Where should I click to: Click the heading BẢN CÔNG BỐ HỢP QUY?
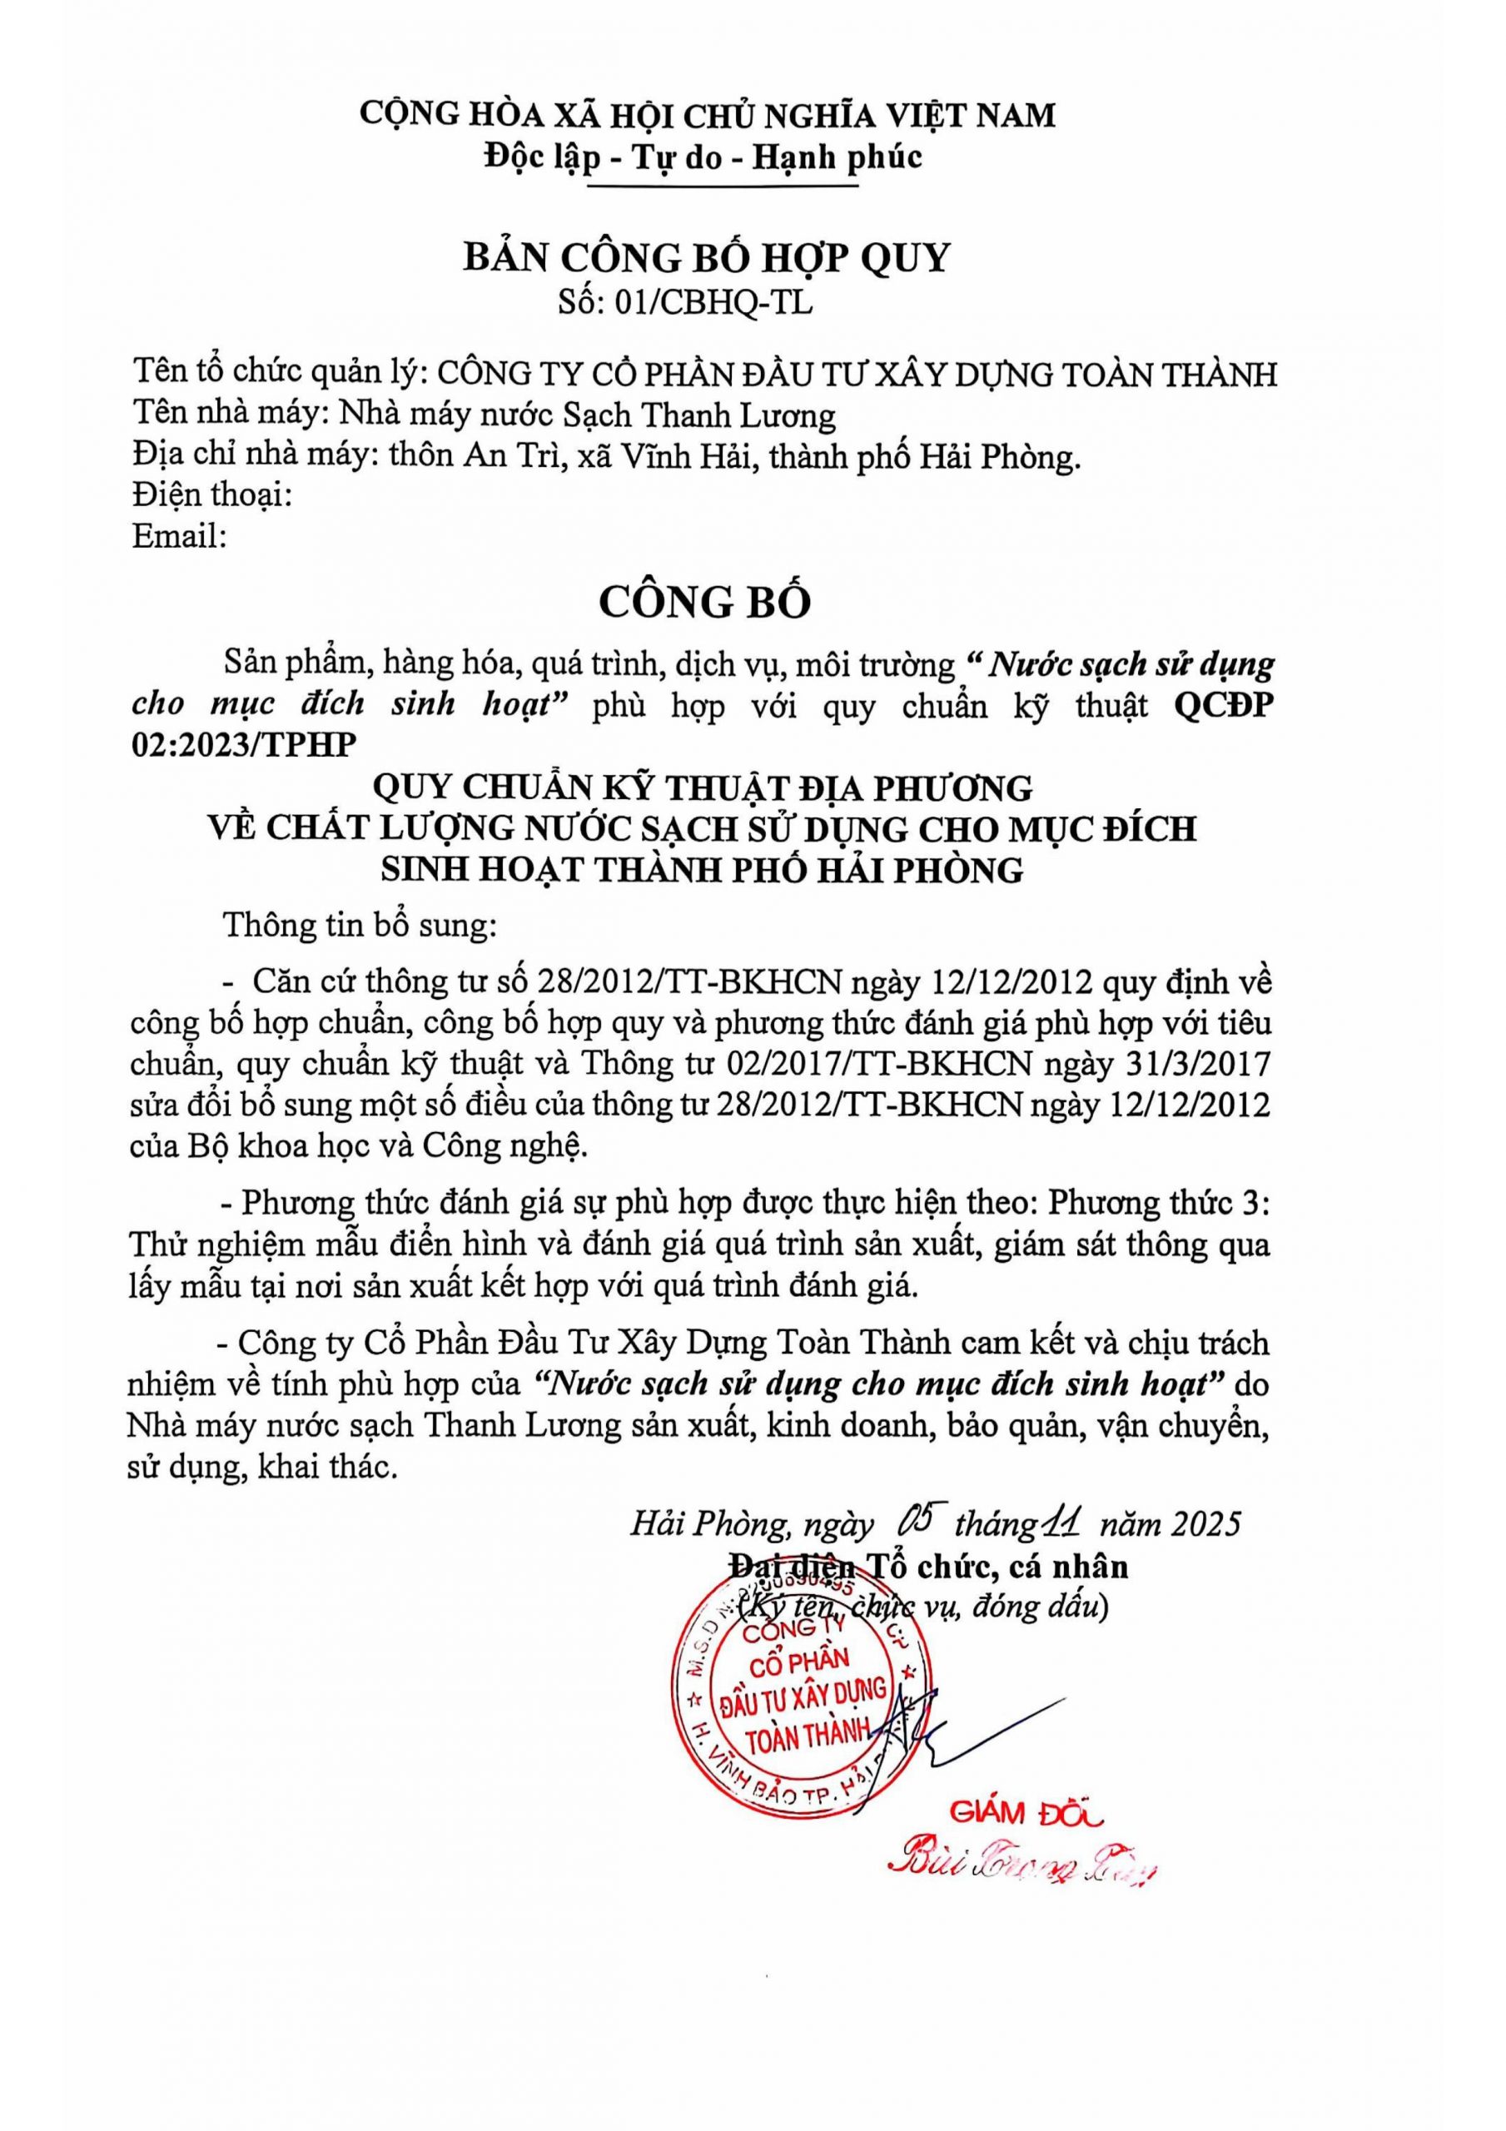[x=707, y=257]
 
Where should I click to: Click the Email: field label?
[x=180, y=535]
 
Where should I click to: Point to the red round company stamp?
[x=803, y=1698]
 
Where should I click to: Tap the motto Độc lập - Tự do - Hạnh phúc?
[x=703, y=158]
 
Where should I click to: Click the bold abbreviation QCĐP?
[x=1224, y=705]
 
